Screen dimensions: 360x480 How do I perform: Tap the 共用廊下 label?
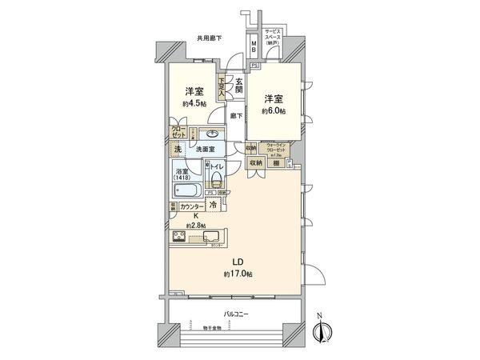point(209,38)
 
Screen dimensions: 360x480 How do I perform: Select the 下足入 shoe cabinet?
point(220,86)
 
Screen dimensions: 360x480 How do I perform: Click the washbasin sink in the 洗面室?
point(214,135)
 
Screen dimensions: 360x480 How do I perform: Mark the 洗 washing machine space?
point(177,150)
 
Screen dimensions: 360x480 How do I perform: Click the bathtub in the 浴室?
point(190,191)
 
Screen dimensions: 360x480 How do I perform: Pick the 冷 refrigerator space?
point(214,206)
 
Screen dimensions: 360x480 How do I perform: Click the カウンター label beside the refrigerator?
point(191,206)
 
